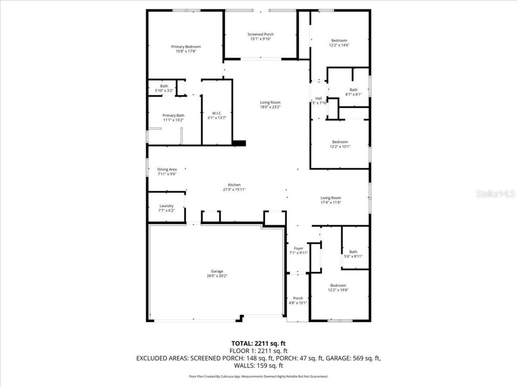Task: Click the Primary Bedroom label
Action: (x=186, y=47)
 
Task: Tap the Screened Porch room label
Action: (x=261, y=34)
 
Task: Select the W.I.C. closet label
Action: (x=217, y=113)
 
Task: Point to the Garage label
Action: (x=217, y=271)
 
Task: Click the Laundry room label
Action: (x=166, y=206)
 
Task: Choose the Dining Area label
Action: (x=167, y=169)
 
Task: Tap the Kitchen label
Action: (x=234, y=185)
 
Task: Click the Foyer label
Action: (x=298, y=248)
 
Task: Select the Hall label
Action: (x=319, y=98)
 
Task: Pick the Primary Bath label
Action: (x=173, y=115)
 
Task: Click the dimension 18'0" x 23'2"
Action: (x=270, y=107)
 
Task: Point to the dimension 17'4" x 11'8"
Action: (x=331, y=202)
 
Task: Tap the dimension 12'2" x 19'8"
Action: (x=338, y=290)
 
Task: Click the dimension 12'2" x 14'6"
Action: (x=339, y=45)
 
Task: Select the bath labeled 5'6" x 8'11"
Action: (x=353, y=254)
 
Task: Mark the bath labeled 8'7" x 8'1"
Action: (x=353, y=92)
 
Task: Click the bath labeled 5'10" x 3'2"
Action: (x=164, y=88)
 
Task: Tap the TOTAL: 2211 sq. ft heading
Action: (x=258, y=343)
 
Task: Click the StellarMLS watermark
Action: (x=496, y=194)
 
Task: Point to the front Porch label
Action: (x=298, y=298)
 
